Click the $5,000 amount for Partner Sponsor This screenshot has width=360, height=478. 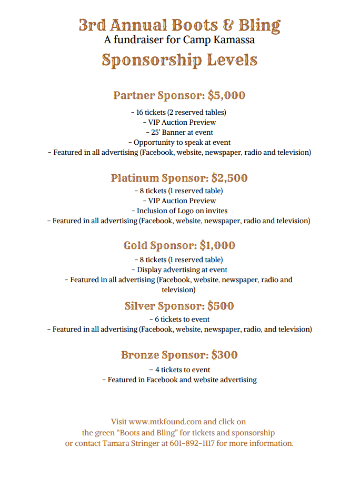tap(227, 96)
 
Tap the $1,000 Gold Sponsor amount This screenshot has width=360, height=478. tap(217, 246)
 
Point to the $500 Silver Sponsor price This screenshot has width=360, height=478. tap(221, 306)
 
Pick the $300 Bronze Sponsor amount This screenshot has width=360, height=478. tap(224, 355)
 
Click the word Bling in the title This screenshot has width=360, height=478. tap(259, 25)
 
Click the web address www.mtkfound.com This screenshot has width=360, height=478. tap(165, 422)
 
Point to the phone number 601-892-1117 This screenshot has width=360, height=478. tap(192, 443)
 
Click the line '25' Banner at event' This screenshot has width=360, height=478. tap(179, 133)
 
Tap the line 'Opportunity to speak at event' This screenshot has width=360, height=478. tap(179, 143)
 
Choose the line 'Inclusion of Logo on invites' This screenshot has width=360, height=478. tap(179, 211)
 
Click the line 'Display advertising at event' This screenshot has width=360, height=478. tap(179, 270)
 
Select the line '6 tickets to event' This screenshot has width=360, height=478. tap(179, 319)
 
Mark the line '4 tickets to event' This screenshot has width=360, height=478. tap(179, 370)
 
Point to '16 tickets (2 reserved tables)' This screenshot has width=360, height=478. tap(179, 113)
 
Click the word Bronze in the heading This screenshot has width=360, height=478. tap(139, 355)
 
